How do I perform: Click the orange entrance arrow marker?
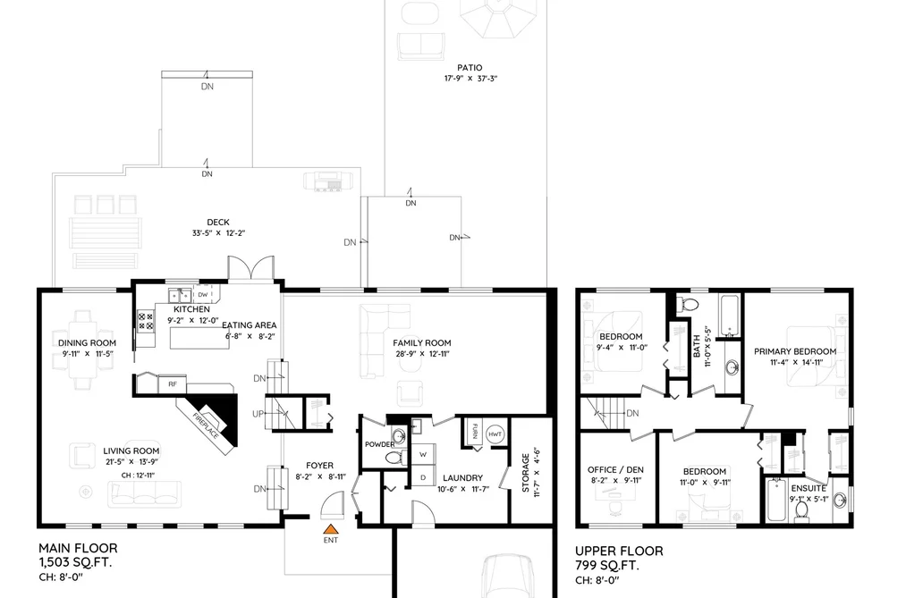coord(330,528)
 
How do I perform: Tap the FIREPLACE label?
coord(206,425)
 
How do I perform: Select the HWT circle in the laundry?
coord(495,434)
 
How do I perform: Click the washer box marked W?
coord(423,455)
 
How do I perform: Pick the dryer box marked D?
coord(423,476)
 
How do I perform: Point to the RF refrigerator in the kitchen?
coord(173,383)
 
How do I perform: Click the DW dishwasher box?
coord(202,294)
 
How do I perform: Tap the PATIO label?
coord(470,68)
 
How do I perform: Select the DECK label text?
coord(218,223)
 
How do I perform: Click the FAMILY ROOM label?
coord(422,343)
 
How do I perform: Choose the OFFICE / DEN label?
coord(615,470)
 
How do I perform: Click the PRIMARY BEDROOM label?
coord(795,351)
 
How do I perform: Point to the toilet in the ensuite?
coord(801,510)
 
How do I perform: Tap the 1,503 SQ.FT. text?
coord(75,562)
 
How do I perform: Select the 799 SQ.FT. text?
coord(607,565)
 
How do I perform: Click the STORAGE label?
coord(525,473)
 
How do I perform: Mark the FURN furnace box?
coord(474,432)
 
